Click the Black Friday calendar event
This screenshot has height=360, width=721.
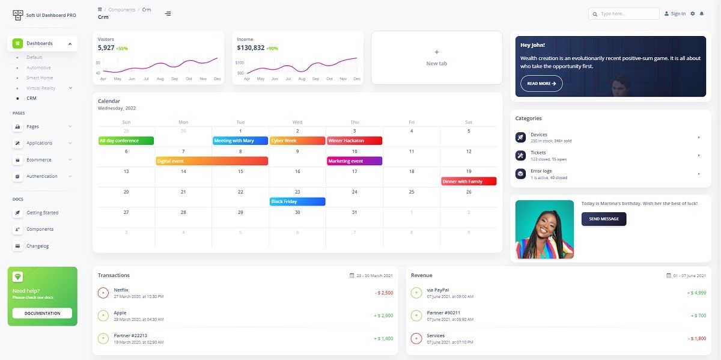pos(297,201)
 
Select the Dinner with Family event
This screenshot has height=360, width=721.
pos(469,182)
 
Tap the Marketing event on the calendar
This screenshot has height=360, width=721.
pos(354,161)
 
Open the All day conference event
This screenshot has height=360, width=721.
pos(126,141)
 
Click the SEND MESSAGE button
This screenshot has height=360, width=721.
pos(603,219)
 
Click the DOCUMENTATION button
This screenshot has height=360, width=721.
pos(42,313)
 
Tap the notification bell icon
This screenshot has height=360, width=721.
pos(701,14)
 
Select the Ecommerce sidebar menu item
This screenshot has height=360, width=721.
pos(38,160)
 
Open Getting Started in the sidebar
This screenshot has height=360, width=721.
pos(42,213)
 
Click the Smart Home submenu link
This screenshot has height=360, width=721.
pos(40,78)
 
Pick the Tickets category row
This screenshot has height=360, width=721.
pos(607,156)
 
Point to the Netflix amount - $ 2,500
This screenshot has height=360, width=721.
pos(383,293)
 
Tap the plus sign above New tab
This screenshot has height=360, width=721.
pos(436,52)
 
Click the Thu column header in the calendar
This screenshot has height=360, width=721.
pos(354,122)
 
